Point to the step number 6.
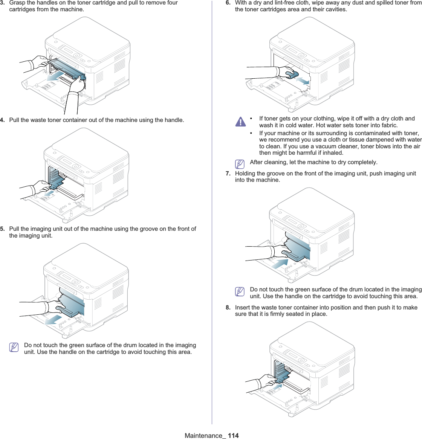pos(228,3)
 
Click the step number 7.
pos(228,174)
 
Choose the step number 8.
pos(228,308)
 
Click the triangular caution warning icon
pos(240,121)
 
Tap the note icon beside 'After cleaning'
pos(239,164)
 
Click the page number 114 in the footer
pos(233,436)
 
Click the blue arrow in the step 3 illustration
pos(55,77)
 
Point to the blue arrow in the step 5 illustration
pos(52,320)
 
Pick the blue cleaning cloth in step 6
pos(290,74)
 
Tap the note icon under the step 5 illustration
pos(14,347)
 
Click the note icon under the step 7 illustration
pos(239,291)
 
